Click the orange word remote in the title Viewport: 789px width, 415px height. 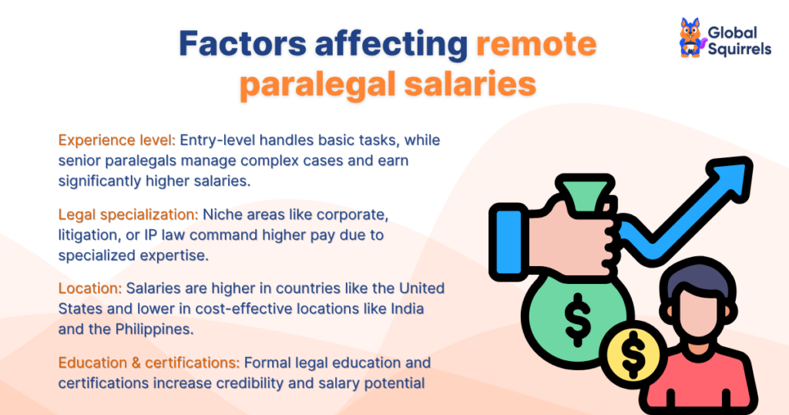(x=536, y=45)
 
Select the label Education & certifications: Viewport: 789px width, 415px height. (x=151, y=363)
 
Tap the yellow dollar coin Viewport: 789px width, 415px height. (x=633, y=353)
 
